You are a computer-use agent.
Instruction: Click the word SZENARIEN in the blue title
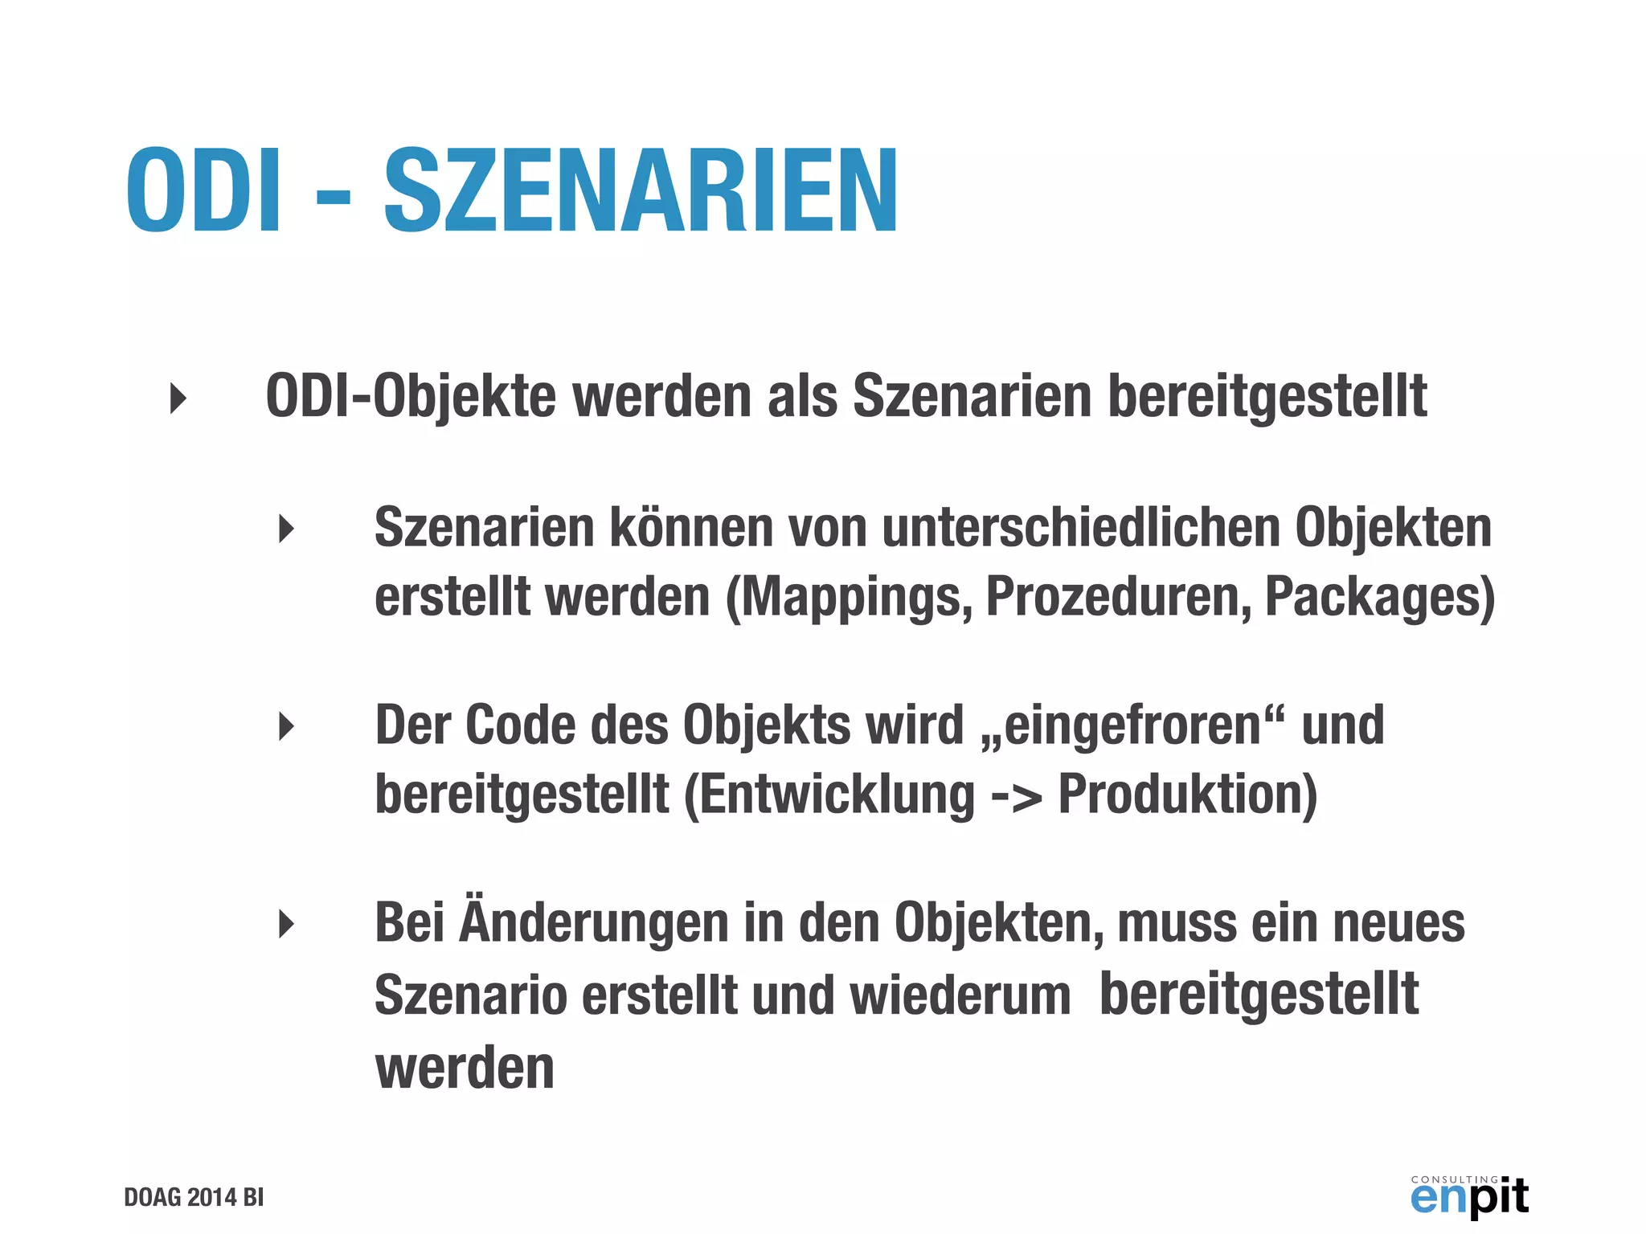point(641,191)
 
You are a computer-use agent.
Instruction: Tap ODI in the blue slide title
point(204,191)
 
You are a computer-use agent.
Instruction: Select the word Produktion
point(1186,795)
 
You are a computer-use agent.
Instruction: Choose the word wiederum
point(960,995)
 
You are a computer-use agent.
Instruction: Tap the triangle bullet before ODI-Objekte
point(178,398)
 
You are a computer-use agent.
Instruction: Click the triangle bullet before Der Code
point(286,726)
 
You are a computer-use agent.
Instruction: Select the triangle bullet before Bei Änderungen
point(286,924)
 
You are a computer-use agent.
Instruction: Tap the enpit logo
point(1469,1195)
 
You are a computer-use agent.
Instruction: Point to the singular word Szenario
point(471,995)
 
